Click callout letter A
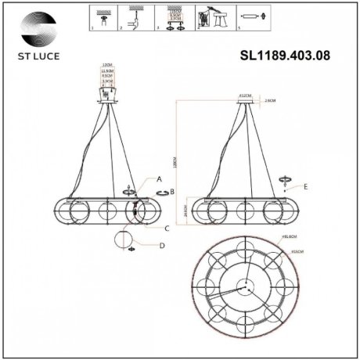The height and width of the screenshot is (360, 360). point(159,179)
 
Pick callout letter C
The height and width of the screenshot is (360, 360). point(167,229)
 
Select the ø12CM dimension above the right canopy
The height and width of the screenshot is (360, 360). point(244,95)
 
